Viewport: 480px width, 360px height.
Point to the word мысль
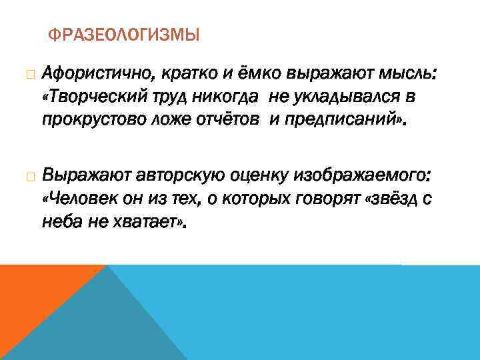[409, 72]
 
